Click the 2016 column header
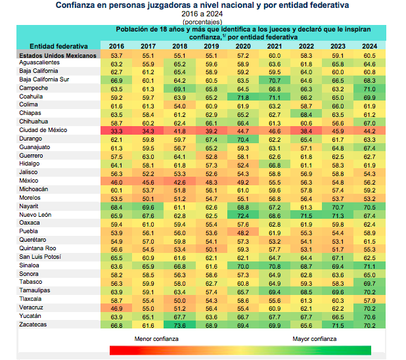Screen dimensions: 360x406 [116, 47]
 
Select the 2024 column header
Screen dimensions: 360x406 [369, 47]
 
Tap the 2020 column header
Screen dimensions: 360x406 [243, 47]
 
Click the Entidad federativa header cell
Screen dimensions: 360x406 [58, 47]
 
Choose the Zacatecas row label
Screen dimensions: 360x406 [33, 324]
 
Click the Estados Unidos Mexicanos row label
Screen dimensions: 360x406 [58, 56]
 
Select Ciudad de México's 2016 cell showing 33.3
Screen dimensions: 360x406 [117, 130]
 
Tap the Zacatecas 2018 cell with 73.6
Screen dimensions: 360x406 [180, 324]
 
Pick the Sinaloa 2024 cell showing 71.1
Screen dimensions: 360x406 [369, 265]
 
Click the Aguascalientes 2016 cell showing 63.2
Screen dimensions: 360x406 [117, 63]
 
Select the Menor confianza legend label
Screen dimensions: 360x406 [156, 338]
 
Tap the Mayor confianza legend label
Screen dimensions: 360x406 [315, 338]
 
